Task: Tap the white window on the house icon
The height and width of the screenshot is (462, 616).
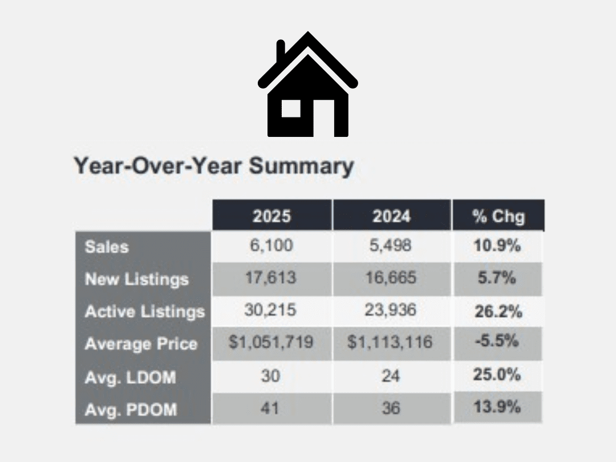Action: click(291, 108)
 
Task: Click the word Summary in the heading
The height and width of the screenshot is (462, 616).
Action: click(301, 166)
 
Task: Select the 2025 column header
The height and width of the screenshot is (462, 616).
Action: click(272, 216)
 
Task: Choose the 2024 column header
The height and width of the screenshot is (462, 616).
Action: click(392, 216)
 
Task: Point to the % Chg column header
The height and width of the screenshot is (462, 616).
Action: click(499, 216)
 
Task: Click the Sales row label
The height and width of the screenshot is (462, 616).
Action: click(107, 247)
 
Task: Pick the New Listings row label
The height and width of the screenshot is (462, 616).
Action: click(137, 279)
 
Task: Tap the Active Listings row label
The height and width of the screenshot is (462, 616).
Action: click(145, 311)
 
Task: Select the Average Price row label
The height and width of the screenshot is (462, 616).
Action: click(141, 344)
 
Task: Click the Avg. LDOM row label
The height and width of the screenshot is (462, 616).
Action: click(131, 378)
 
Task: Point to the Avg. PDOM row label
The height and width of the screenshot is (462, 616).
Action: click(131, 410)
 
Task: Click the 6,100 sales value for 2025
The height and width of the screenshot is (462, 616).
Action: click(271, 245)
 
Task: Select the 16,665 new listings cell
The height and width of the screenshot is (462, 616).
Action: click(391, 278)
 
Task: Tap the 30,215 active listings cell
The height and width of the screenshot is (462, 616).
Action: click(270, 310)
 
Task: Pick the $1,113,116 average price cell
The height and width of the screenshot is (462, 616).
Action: click(390, 342)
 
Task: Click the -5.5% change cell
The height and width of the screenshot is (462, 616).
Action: click(497, 341)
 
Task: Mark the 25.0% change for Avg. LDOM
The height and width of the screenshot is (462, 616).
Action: click(497, 374)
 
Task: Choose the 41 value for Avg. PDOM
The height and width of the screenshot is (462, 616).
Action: click(270, 408)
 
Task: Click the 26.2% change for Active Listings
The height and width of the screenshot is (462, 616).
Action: click(499, 311)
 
